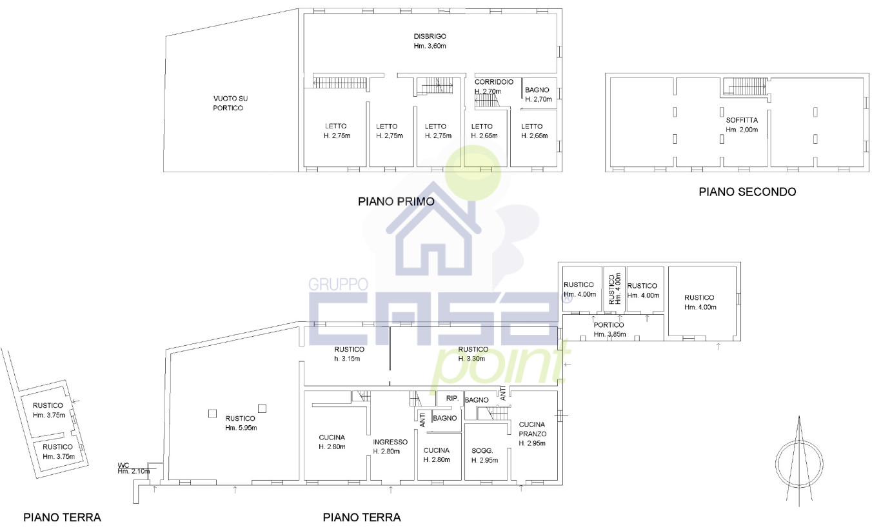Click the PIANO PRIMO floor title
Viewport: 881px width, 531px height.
[396, 202]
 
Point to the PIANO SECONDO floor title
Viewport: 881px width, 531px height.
[747, 192]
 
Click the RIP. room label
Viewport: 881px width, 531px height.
[451, 399]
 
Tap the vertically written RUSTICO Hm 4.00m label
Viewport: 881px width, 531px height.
[614, 288]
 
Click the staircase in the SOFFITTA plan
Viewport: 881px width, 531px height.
[746, 86]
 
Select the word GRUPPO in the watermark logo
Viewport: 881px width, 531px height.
[339, 285]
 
